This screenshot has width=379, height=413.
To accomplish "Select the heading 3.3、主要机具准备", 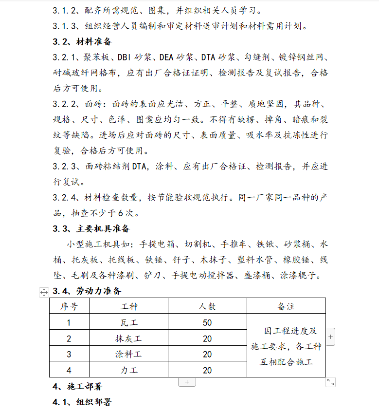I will coord(91,228).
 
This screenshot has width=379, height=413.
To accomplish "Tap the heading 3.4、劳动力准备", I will coord(87,291).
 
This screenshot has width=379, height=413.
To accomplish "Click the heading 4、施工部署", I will coord(77,386).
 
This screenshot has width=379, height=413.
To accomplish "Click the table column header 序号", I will coord(69,306).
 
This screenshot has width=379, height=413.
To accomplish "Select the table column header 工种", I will coord(129,306).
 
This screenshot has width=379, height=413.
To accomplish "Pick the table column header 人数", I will coord(207,306).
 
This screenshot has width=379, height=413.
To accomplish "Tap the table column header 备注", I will coord(286,306).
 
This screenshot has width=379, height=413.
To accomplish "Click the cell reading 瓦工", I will coord(129,322).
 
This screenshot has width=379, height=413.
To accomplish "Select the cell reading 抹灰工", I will coord(129,338).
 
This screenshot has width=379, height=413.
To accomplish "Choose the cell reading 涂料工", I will coord(129,354).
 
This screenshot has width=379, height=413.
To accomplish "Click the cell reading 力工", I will coord(129,370).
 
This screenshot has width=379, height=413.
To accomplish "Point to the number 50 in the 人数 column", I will coord(207,322).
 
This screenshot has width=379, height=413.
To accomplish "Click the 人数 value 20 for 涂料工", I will coord(207,354).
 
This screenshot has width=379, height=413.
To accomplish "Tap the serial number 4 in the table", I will coord(69,370).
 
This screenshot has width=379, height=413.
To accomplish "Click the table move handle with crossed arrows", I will coord(44,292).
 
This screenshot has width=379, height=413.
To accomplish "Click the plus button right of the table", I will coord(330,337).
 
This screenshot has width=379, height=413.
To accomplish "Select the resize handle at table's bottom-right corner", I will coord(330,382).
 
